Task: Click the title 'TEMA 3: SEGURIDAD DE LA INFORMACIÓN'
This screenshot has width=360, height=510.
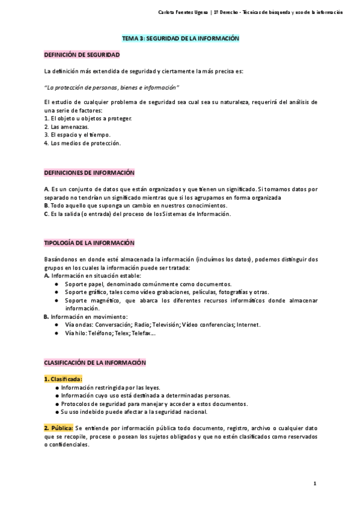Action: click(x=180, y=38)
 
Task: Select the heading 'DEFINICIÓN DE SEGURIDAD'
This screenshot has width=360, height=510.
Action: click(x=82, y=55)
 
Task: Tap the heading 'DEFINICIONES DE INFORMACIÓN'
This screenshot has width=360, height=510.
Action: click(x=90, y=172)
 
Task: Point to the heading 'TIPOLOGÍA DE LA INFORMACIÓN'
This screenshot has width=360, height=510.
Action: click(x=90, y=243)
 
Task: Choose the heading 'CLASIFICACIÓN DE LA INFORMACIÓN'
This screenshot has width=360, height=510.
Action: click(x=95, y=363)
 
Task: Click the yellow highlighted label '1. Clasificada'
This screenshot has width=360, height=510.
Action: click(x=63, y=379)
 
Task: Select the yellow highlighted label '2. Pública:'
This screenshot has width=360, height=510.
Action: click(x=59, y=428)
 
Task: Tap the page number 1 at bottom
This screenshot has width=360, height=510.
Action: click(x=314, y=484)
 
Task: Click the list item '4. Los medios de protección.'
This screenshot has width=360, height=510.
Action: click(x=82, y=143)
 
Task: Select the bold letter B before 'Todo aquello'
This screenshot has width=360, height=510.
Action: click(x=46, y=205)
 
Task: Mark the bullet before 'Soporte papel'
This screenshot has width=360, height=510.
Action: click(x=56, y=284)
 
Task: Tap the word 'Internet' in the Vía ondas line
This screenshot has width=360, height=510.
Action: click(x=248, y=325)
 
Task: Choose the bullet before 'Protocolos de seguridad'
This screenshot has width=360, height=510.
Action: click(x=56, y=404)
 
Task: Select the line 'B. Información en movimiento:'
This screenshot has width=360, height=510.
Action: click(x=86, y=316)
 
